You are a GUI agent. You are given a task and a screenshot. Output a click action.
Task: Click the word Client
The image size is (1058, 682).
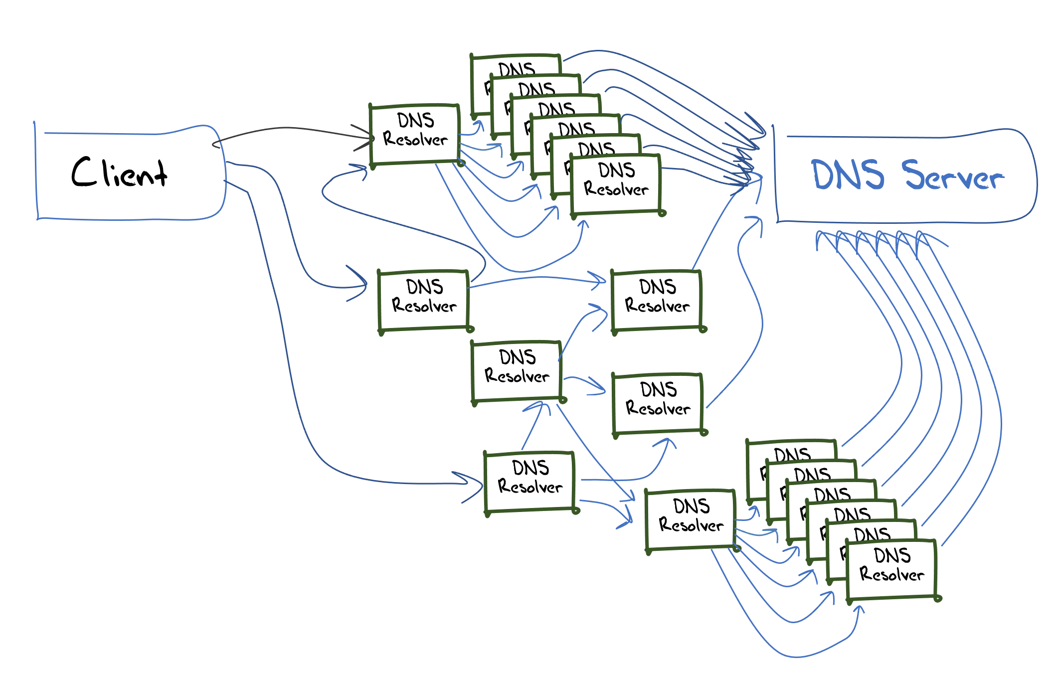coord(119,172)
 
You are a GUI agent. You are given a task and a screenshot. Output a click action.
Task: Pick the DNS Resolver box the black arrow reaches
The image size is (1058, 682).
coord(415,134)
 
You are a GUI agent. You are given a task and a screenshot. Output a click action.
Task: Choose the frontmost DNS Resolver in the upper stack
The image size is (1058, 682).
coord(616,184)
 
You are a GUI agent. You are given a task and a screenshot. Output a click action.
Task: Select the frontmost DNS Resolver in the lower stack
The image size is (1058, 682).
coord(891,569)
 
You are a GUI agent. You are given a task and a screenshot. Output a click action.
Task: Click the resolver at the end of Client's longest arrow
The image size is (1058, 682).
coord(529,482)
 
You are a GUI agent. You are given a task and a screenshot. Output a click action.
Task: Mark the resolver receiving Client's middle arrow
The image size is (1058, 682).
coord(424,300)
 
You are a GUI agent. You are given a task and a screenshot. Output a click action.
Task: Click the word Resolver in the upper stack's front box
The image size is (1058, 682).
coord(616,190)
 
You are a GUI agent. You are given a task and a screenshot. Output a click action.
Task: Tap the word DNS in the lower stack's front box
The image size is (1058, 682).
coord(892,555)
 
